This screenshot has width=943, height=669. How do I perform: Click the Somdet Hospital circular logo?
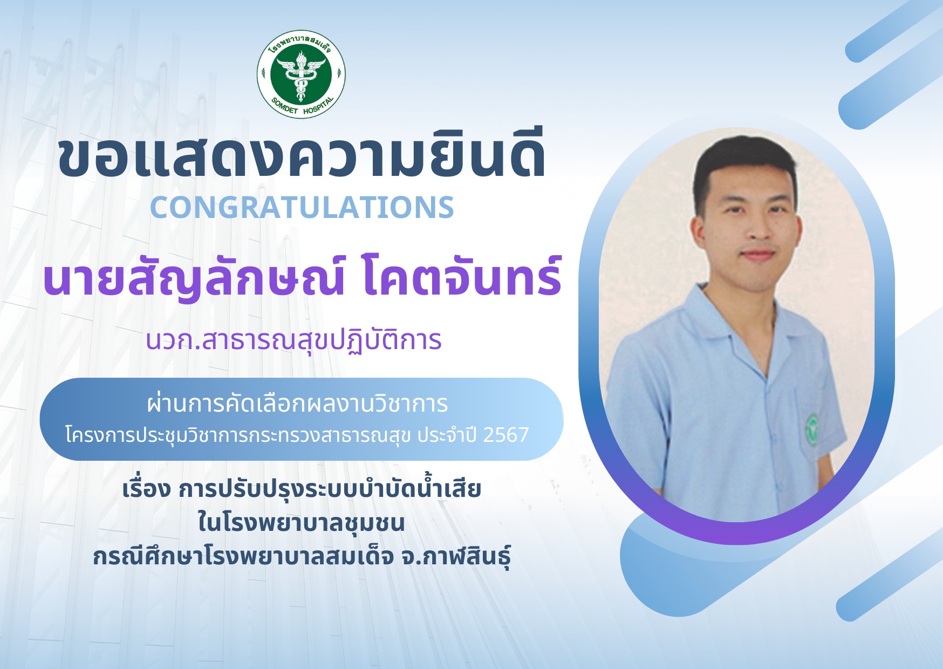pos(301,74)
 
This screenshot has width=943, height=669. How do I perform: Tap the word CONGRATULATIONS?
pos(302,207)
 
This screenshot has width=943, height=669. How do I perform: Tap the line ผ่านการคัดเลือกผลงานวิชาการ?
pos(297,403)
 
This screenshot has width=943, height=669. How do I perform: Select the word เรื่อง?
pos(147,488)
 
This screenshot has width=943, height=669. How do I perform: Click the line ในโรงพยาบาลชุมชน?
pos(301,522)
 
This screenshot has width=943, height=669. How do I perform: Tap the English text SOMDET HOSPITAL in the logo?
pos(302,106)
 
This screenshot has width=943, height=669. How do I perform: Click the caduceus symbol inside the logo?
pos(301,74)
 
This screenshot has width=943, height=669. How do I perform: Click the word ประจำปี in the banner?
pos(447,435)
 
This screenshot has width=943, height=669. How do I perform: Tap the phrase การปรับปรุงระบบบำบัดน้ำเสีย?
pos(330,488)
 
